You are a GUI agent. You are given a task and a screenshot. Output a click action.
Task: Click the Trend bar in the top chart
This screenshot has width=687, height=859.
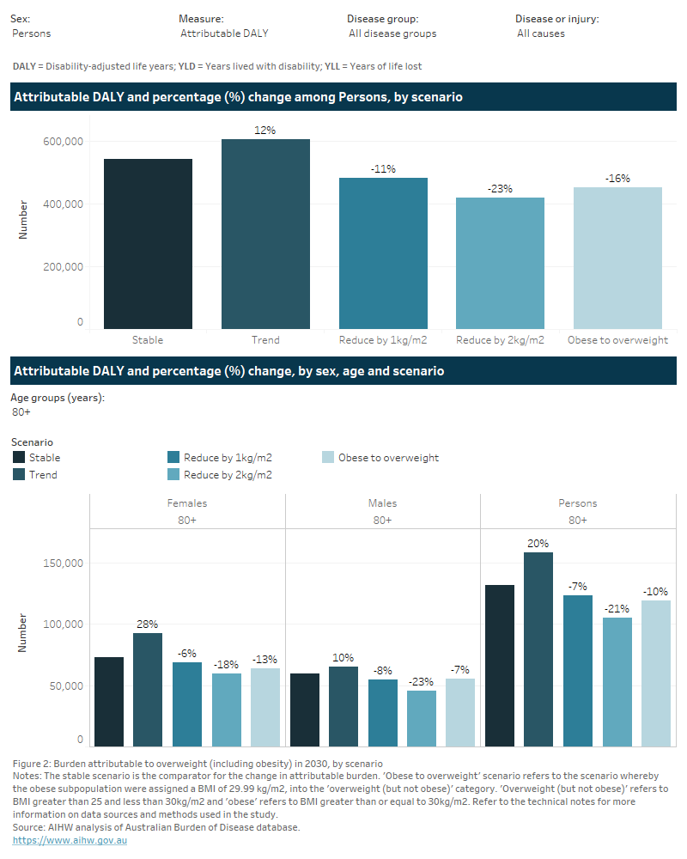265,234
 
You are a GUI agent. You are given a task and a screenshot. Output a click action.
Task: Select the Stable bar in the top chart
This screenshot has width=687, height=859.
148,243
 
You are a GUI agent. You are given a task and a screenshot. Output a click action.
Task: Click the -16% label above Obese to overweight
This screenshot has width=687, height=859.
617,179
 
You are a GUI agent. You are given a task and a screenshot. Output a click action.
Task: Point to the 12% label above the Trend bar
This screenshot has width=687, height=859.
265,131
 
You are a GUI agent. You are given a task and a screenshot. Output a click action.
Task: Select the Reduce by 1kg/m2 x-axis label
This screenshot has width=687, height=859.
383,340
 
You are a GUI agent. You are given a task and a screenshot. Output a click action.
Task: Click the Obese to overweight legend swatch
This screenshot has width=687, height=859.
327,458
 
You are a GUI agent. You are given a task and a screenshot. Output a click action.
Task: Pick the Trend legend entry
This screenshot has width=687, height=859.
43,474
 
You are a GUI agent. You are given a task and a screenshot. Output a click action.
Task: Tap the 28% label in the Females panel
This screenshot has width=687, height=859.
148,624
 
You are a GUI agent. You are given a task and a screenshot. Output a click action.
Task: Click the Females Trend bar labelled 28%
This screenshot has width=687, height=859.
148,689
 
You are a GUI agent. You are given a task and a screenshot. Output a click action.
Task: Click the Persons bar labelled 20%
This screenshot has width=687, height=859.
538,649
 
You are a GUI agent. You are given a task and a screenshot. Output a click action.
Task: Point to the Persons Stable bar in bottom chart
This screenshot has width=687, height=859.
500,665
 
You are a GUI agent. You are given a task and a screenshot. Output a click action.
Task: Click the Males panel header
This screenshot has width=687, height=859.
382,503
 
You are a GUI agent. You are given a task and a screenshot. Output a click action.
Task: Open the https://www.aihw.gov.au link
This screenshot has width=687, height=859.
70,840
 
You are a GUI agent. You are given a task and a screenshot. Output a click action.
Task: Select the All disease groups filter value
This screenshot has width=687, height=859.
392,34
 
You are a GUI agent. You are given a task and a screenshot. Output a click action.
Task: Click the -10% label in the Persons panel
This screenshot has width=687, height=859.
655,592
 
